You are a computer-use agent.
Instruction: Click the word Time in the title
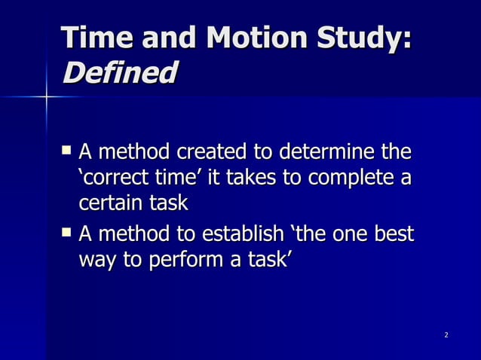(x=97, y=38)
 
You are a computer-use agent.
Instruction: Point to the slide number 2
(x=446, y=334)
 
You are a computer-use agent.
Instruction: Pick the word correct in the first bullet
(x=106, y=179)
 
